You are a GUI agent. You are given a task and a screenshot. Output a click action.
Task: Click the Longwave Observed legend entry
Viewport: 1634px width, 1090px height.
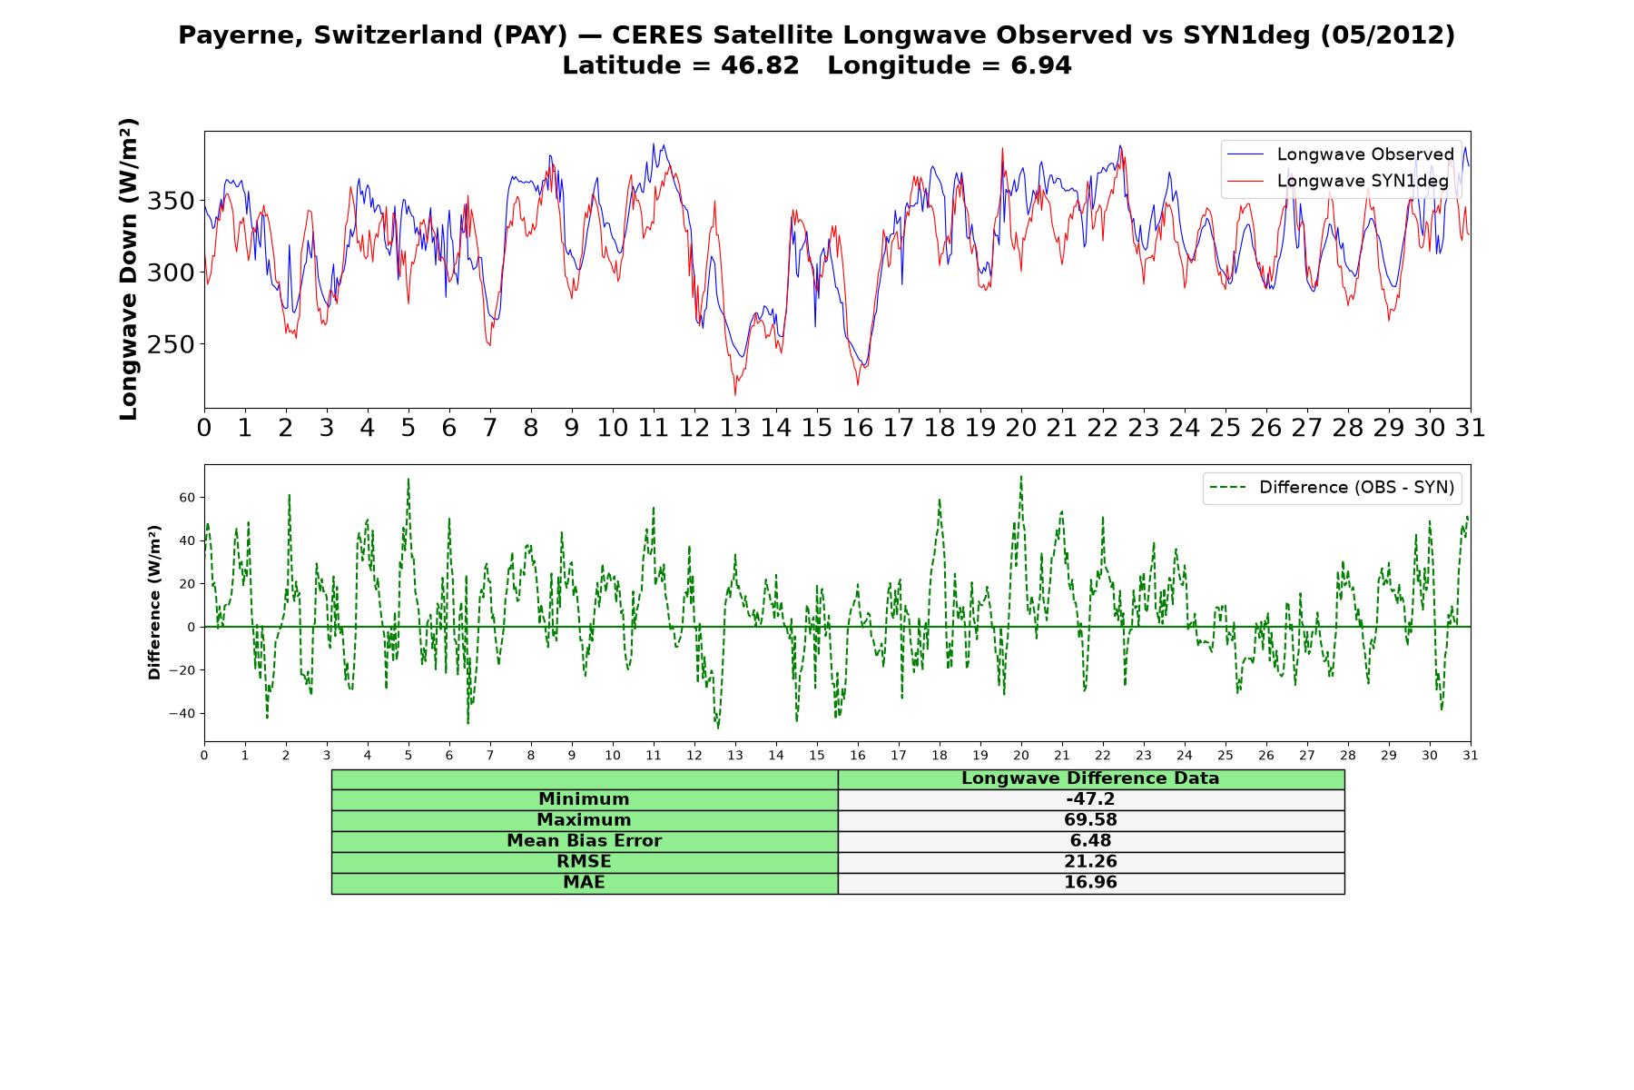pos(1340,154)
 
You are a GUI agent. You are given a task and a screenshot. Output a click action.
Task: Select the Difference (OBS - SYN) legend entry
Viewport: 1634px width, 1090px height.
pos(1332,488)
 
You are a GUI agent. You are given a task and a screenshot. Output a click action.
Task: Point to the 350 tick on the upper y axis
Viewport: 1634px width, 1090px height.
pos(172,201)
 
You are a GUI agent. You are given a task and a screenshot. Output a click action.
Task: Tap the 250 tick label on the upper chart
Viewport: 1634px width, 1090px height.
pos(172,344)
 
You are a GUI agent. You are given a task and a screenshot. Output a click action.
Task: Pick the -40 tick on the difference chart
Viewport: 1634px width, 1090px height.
pos(182,713)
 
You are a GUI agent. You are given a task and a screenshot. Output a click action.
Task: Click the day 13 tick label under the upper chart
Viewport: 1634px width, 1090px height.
pos(735,428)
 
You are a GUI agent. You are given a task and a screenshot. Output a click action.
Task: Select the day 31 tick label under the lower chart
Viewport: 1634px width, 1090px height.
pos(1471,755)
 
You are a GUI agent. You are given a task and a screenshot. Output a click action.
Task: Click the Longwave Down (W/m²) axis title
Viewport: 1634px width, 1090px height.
pos(129,269)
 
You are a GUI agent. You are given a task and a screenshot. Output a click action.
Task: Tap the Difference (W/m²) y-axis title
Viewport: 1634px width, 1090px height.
pos(154,602)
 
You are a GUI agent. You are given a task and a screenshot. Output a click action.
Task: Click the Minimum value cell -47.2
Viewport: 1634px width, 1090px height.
pos(1090,799)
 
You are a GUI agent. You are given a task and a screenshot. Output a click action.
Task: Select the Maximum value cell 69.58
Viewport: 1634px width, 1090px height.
pos(1090,820)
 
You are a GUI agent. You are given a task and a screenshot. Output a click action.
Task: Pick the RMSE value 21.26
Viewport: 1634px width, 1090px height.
pos(1090,862)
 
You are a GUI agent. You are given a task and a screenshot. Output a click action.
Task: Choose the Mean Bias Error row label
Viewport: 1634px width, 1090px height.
pos(584,841)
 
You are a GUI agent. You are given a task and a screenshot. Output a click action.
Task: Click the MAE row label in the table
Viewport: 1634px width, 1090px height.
pos(584,883)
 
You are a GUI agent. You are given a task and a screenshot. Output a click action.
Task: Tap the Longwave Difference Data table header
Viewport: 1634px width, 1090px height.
pos(1090,778)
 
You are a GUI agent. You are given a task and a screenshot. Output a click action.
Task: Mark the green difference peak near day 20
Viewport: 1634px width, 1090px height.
pos(1021,476)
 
